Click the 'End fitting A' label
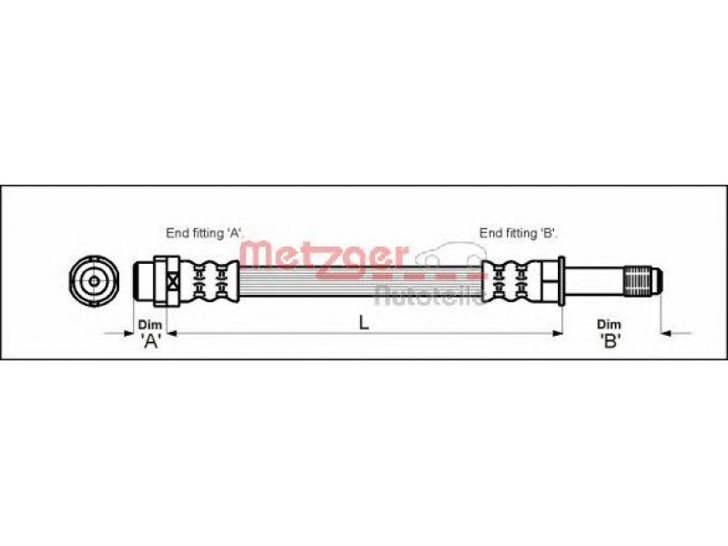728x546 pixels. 205,233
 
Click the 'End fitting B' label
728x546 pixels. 519,233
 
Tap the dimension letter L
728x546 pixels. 364,323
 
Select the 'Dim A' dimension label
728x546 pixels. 150,333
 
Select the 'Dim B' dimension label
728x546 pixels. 609,333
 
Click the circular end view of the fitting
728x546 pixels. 95,281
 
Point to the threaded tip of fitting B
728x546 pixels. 643,281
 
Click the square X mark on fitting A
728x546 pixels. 173,281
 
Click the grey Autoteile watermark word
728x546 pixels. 430,296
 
